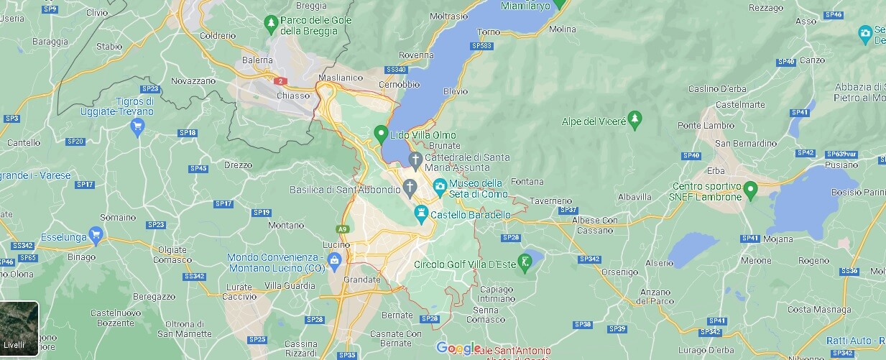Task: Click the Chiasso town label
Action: pos(294,96)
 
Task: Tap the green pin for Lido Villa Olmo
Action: pos(382,134)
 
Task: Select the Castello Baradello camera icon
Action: pos(421,213)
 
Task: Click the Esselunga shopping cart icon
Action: pos(96,235)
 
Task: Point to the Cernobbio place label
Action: pos(400,84)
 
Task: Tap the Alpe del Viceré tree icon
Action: pos(634,120)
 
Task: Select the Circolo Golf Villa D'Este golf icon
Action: pos(526,263)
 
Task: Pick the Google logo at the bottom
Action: pos(458,349)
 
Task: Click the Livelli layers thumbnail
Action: pos(19,329)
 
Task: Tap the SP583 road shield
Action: pos(482,46)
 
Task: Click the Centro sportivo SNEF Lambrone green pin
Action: pos(751,190)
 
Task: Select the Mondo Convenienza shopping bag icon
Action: pos(333,260)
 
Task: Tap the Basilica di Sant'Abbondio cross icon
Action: pos(410,189)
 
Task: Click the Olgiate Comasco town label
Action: pos(172,254)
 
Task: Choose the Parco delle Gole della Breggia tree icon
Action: pos(271,24)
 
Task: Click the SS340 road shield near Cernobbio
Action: pos(396,70)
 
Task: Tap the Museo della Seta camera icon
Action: pos(440,188)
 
